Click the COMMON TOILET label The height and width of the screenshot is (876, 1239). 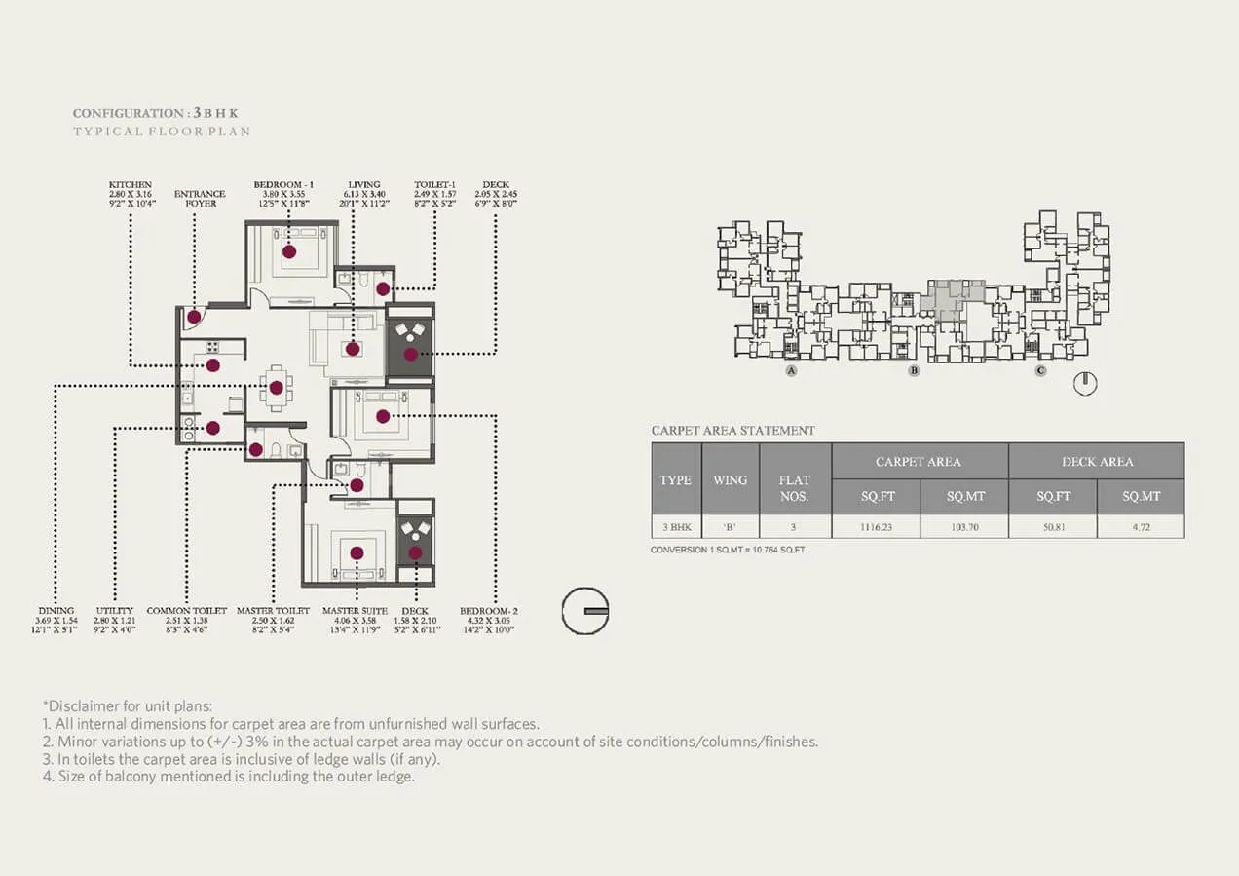coord(187,611)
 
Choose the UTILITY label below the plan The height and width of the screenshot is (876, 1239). coord(115,611)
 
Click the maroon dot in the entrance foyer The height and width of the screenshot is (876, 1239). coord(195,317)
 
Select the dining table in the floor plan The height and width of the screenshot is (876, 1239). coord(276,387)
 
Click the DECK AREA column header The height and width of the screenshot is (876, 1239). coord(1097,461)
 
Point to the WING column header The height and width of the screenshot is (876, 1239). coord(730,479)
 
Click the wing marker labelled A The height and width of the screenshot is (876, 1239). coord(791,371)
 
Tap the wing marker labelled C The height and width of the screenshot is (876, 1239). coord(1040,371)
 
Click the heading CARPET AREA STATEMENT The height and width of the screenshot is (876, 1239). coord(732,431)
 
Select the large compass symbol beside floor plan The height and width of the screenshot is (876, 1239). coord(585,611)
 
